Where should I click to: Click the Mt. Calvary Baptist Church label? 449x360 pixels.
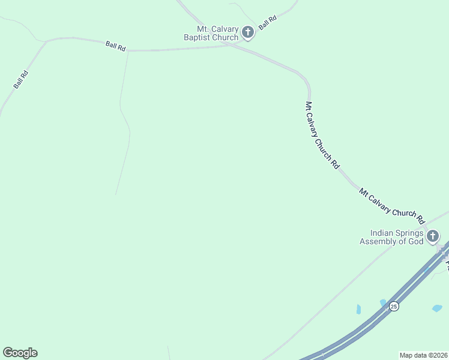(x=217, y=33)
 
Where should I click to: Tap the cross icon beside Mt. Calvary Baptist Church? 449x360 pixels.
(x=248, y=32)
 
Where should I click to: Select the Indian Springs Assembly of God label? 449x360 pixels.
(x=391, y=237)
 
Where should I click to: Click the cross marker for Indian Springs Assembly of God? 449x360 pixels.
(x=432, y=236)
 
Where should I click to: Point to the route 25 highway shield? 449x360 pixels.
(x=393, y=306)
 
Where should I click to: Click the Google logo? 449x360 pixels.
(x=20, y=353)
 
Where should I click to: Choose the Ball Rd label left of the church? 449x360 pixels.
(x=115, y=46)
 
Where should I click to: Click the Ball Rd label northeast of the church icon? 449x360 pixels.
(x=267, y=23)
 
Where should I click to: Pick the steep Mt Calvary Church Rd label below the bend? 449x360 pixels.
(x=322, y=135)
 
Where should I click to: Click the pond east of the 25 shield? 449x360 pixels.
(x=437, y=308)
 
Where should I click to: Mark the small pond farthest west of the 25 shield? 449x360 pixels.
(x=358, y=310)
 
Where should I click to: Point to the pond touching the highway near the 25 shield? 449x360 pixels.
(x=383, y=302)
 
